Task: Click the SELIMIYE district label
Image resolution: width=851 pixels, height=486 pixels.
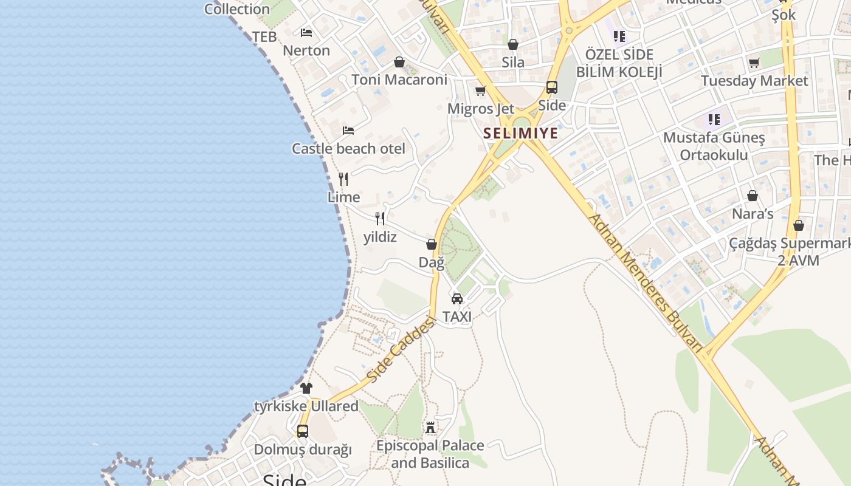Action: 520,133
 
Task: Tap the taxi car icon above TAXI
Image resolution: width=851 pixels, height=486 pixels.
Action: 457,298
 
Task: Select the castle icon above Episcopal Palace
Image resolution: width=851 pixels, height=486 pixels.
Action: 430,428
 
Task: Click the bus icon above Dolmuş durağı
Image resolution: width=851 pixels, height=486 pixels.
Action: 302,431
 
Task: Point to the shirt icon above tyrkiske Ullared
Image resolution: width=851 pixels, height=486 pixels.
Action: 306,388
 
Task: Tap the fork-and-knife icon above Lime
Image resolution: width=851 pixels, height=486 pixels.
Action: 343,179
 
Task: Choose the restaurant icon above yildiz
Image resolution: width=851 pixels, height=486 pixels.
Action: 380,219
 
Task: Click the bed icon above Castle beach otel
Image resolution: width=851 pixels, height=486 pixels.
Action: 348,130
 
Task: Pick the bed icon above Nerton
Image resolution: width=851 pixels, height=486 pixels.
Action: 306,32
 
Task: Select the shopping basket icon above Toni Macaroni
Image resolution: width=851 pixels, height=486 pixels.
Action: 399,62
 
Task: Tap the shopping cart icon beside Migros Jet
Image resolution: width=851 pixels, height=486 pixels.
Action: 481,91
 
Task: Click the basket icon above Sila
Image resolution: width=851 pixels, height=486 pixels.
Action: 513,44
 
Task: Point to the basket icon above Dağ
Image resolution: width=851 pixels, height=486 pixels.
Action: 432,244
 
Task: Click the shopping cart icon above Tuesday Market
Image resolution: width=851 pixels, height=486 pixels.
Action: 754,63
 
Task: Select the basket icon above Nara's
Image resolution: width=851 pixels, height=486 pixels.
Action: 753,196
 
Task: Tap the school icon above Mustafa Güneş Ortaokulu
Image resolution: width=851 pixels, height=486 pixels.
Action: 714,119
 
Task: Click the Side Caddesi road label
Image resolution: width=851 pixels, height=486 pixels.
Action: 402,349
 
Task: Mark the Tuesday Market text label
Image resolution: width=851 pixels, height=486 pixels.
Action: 754,81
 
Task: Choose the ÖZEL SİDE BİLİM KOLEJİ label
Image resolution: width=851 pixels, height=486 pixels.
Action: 619,63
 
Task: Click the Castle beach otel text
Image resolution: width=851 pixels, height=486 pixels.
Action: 348,149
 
